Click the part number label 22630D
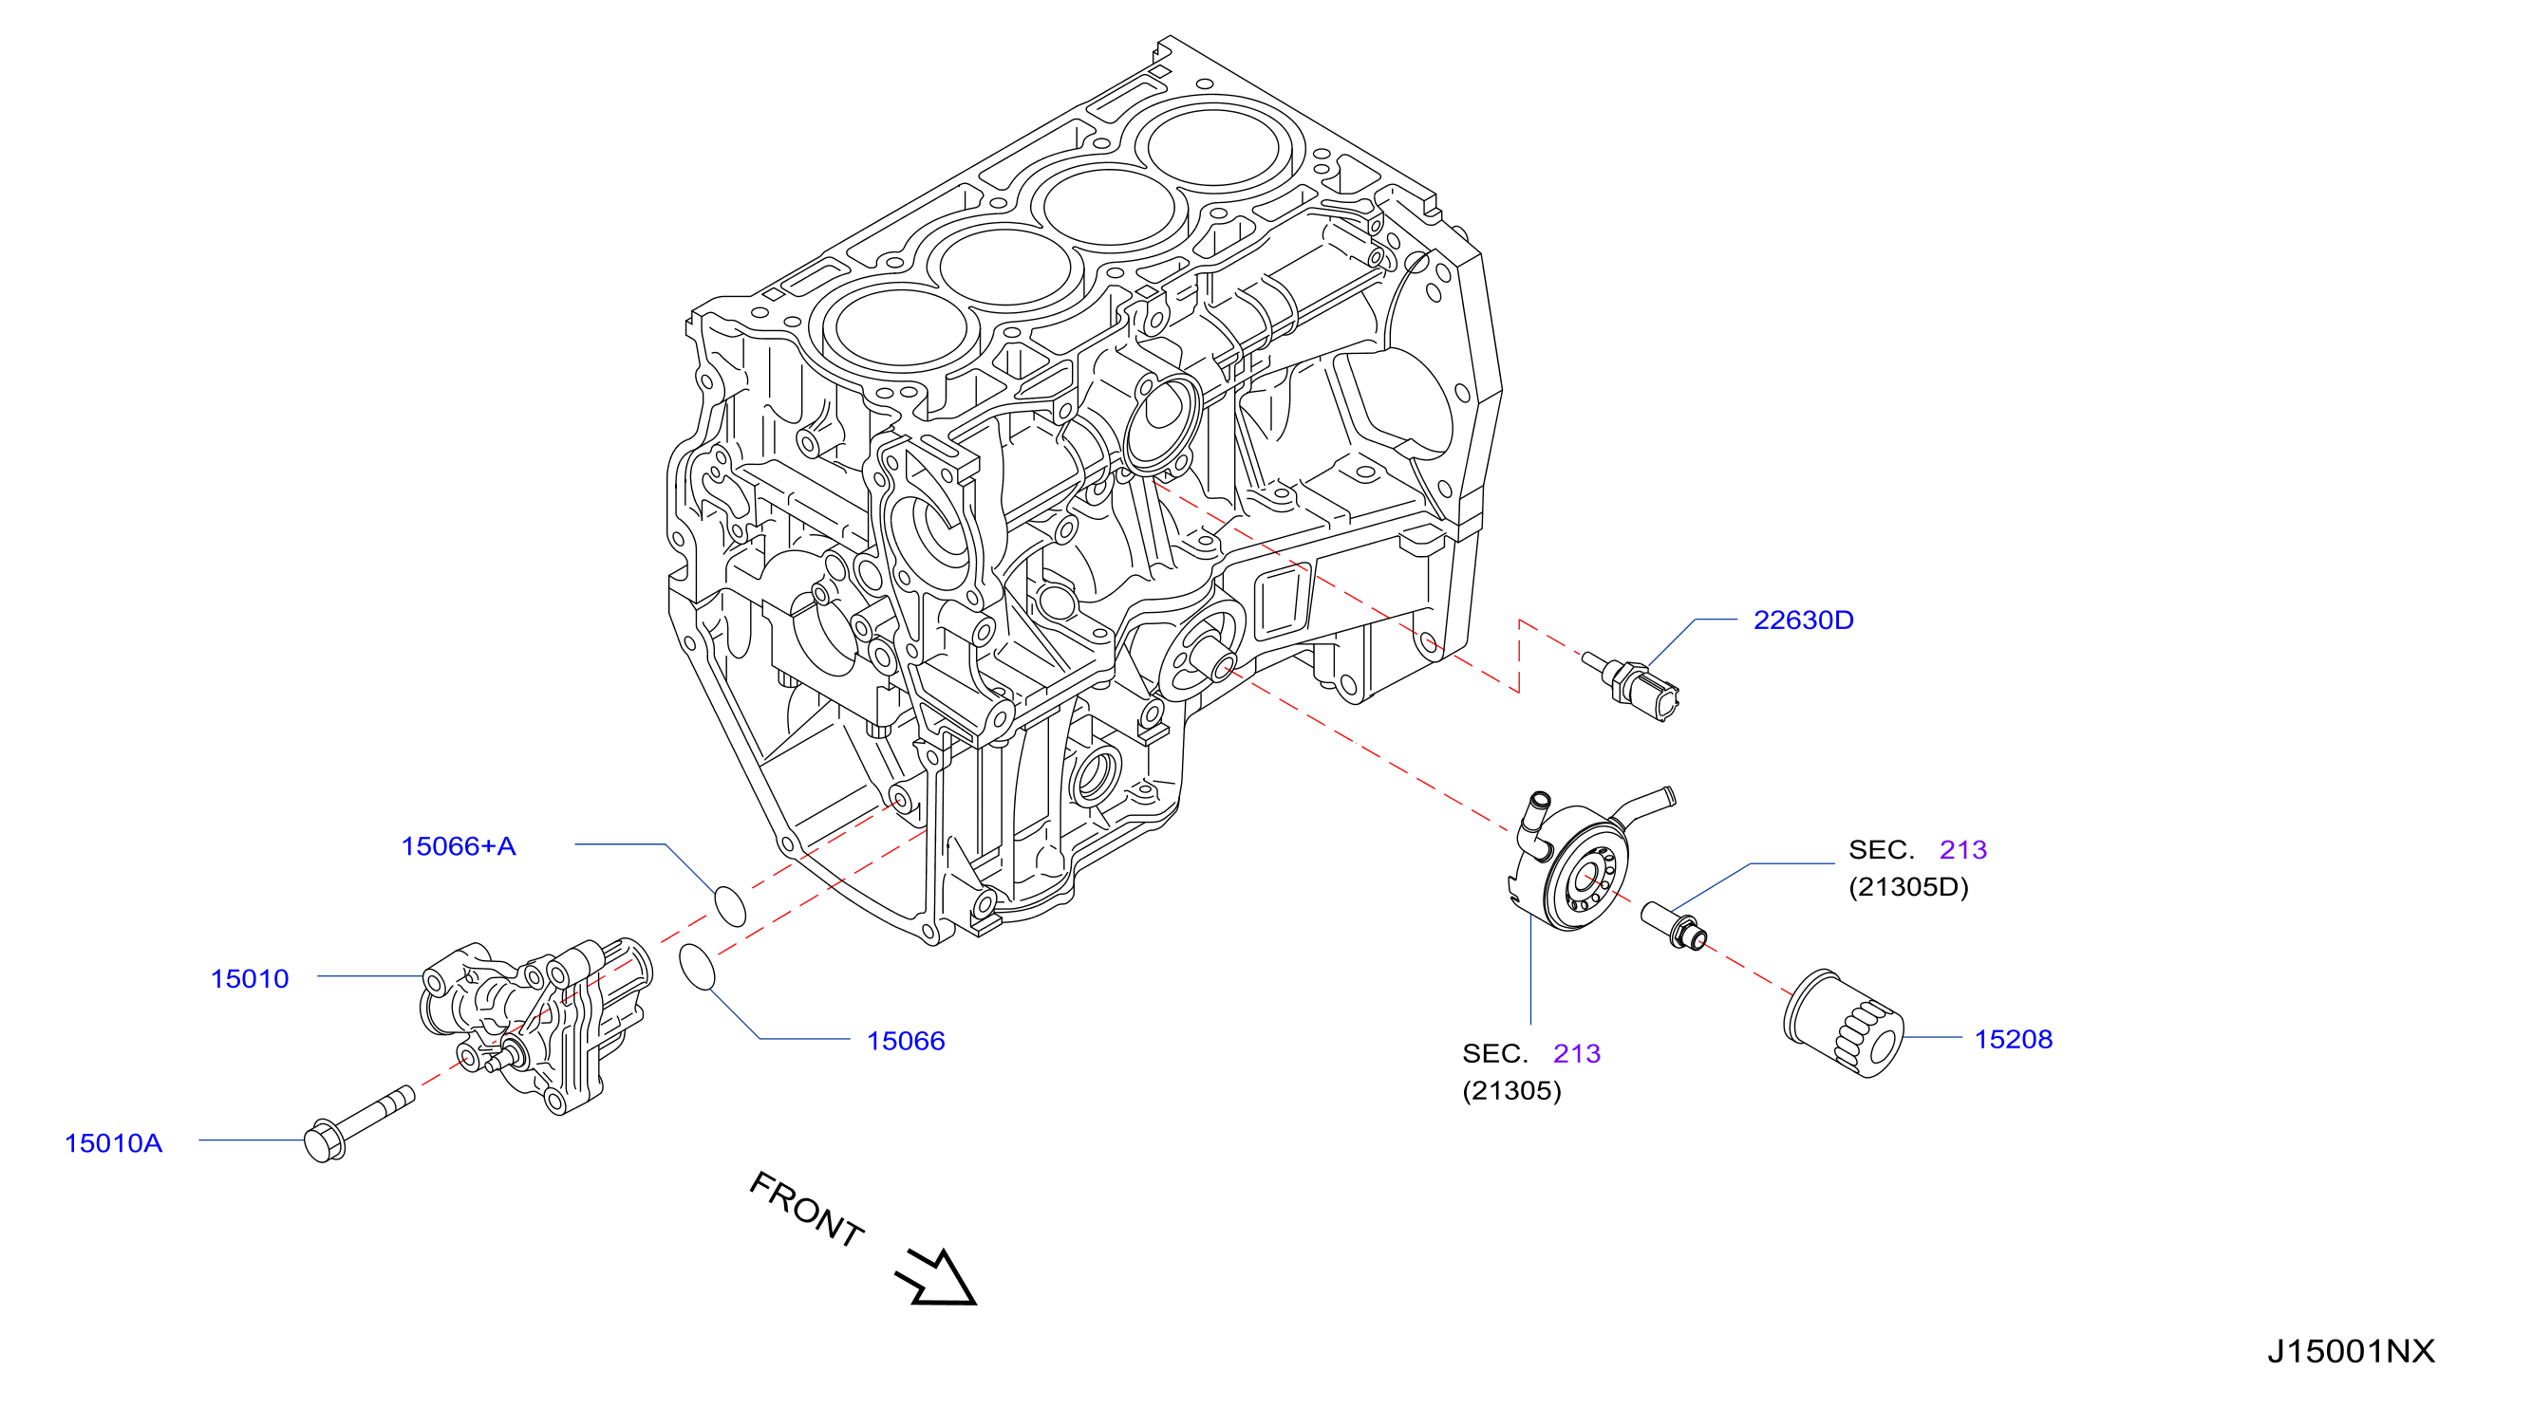tap(1803, 621)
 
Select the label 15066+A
tap(458, 847)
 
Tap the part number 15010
tap(250, 979)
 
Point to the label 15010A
tap(113, 1143)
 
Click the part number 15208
tap(2014, 1040)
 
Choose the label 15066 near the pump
tap(906, 1042)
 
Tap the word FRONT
tap(807, 1210)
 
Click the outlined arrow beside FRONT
tap(937, 1278)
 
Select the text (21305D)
tap(1909, 887)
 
